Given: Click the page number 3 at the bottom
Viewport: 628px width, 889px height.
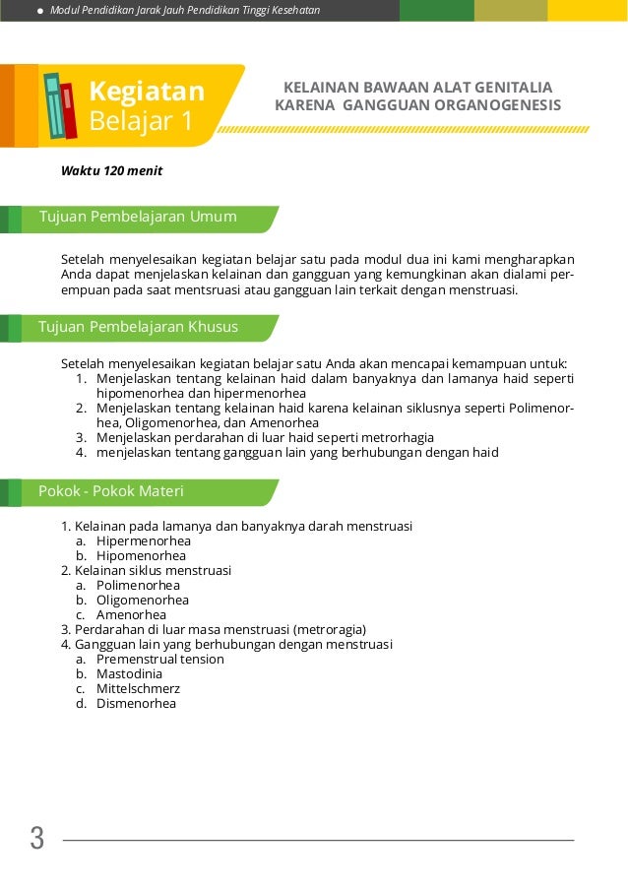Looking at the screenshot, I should click(x=37, y=839).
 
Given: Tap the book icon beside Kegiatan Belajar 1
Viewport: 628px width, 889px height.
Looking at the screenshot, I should click(x=60, y=105).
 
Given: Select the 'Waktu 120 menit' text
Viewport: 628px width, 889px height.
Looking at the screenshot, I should click(x=111, y=171).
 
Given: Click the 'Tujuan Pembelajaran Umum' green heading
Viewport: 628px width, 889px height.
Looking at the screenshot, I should click(x=138, y=217).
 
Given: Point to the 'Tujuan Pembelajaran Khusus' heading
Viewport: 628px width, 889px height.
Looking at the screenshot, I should click(x=138, y=327).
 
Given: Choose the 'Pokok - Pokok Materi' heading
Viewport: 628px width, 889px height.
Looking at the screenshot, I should click(x=111, y=491).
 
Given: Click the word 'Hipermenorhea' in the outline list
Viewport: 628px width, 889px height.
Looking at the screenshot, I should click(x=144, y=540).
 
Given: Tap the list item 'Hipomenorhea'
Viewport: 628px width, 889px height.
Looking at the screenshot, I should click(x=141, y=555).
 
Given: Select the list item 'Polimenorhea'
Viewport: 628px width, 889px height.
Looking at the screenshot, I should click(x=138, y=585).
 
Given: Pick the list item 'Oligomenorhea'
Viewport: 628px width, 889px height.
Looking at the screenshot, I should click(x=142, y=600).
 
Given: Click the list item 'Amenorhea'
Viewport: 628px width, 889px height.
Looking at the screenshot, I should click(x=131, y=614).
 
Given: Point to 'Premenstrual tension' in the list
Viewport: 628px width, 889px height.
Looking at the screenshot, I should click(x=159, y=659).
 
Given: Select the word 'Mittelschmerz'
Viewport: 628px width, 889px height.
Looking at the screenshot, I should click(x=138, y=688).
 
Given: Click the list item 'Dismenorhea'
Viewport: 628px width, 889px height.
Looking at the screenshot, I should click(x=136, y=703).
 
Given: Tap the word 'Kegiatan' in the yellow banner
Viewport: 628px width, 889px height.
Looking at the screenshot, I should click(x=147, y=93).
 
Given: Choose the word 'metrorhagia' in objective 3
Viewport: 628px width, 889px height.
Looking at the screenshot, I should click(x=397, y=437).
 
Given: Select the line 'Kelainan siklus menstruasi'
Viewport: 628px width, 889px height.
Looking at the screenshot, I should click(x=153, y=570).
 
